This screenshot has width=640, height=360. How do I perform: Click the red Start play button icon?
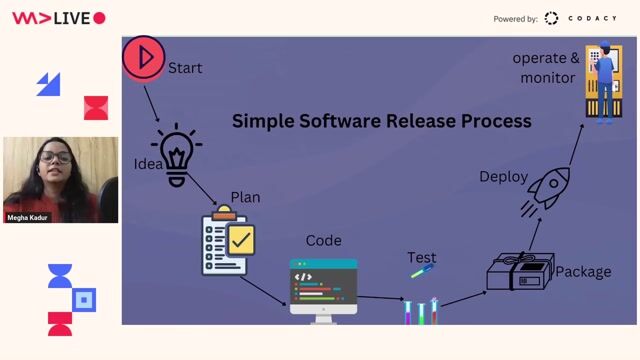tap(143, 58)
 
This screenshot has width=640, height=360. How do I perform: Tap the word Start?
tap(185, 68)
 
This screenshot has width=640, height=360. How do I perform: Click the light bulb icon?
tap(177, 154)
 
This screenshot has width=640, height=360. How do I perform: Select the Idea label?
tap(148, 164)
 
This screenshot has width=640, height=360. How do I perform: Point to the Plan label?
tap(245, 197)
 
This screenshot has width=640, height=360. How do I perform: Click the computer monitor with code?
tap(323, 287)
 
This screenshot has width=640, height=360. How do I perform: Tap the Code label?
tap(323, 240)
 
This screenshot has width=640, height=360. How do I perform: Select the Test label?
tap(422, 258)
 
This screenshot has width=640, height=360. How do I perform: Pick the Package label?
tap(583, 271)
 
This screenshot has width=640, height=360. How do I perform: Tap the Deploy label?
tap(503, 177)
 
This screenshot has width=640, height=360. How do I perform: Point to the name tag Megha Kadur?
tap(28, 217)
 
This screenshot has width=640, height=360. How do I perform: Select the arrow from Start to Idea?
tap(151, 102)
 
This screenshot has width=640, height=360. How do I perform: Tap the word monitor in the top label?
tap(547, 77)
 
